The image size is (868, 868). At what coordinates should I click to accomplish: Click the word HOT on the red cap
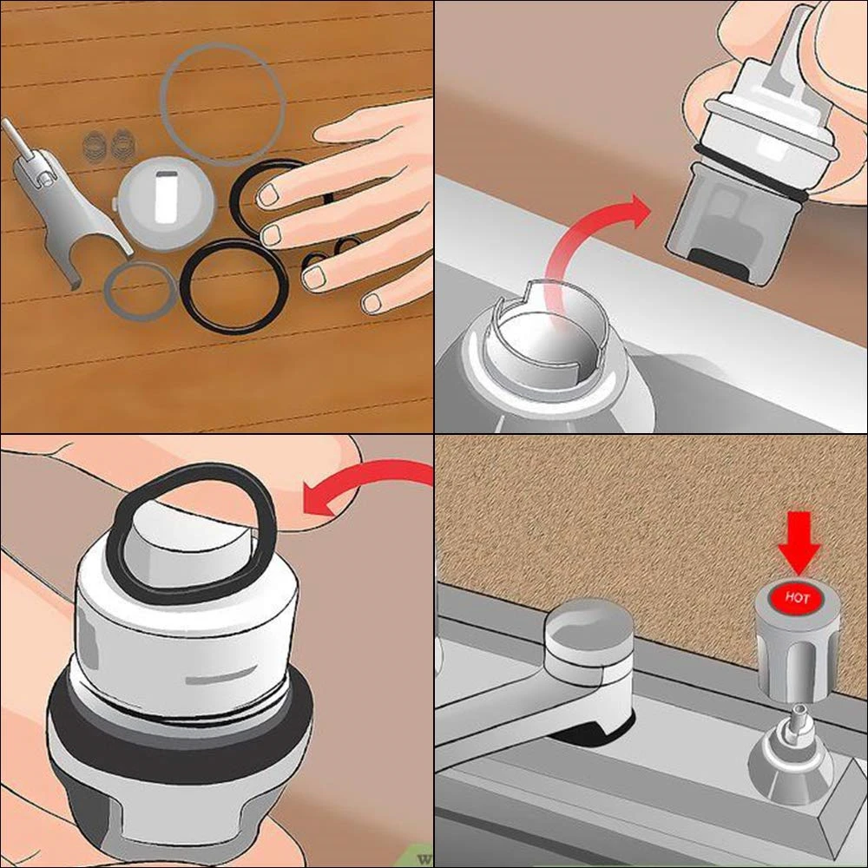click(797, 599)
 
